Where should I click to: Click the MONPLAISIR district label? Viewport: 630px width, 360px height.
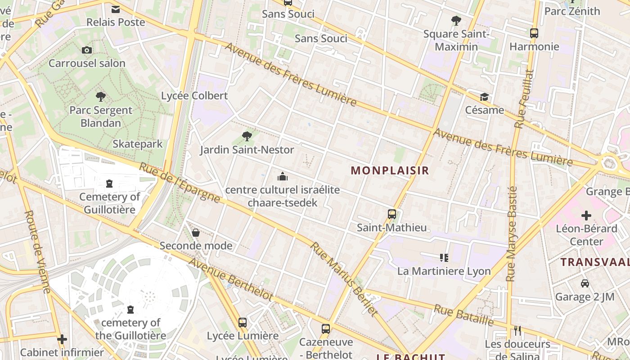click(390, 171)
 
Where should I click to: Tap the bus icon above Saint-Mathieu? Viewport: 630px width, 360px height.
click(392, 214)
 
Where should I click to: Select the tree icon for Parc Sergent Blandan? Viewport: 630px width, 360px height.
click(101, 96)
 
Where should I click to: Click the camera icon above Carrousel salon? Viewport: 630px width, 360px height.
click(87, 50)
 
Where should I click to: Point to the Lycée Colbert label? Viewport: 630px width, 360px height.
click(194, 96)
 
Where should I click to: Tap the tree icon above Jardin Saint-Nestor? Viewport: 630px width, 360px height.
click(247, 136)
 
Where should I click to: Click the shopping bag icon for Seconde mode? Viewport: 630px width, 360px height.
click(196, 233)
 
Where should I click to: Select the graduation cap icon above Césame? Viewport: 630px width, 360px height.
click(484, 97)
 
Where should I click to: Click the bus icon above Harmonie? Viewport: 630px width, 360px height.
click(534, 33)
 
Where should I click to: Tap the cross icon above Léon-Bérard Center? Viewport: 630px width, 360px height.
click(586, 216)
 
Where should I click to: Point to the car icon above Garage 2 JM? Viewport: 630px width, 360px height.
click(585, 283)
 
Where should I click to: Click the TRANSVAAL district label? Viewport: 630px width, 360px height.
click(594, 262)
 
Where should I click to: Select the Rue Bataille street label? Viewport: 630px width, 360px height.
click(463, 315)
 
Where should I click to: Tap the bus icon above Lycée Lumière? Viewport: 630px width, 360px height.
click(243, 322)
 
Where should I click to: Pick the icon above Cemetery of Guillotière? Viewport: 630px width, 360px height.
click(109, 184)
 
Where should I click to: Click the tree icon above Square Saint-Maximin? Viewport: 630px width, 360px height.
click(456, 20)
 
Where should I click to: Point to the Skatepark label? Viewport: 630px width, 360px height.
click(137, 144)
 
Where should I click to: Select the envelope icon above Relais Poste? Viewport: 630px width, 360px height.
click(116, 9)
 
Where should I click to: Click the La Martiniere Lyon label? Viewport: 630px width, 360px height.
click(444, 271)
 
